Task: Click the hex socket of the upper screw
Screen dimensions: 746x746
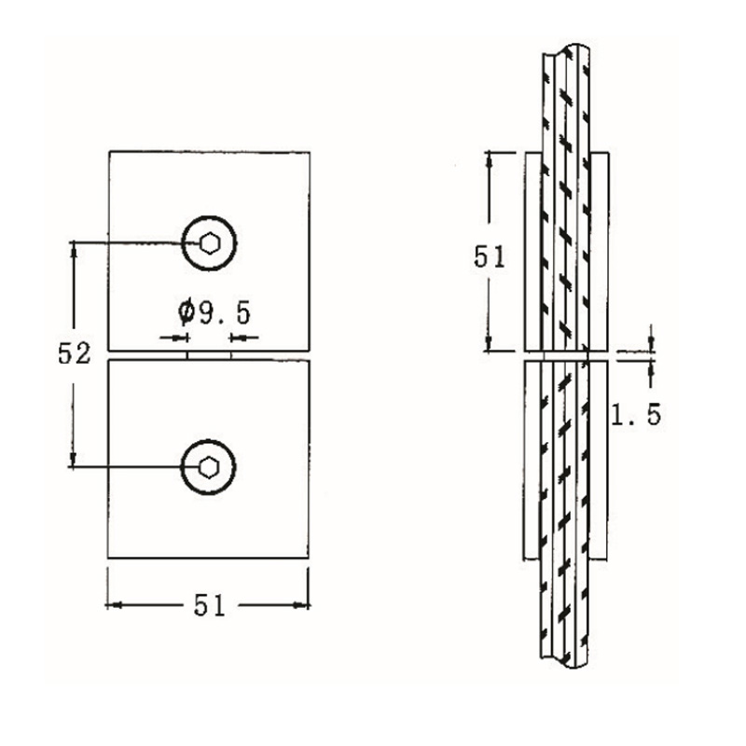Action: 209,242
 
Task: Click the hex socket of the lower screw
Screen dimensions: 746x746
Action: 209,465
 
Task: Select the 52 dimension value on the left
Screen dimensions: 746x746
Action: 74,353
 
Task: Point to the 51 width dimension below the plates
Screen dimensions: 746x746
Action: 209,606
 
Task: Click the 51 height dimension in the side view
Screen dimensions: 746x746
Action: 489,256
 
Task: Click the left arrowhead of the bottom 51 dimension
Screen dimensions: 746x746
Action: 113,606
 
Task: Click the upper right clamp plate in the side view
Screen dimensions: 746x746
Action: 601,252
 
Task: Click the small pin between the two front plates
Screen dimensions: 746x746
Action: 209,354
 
